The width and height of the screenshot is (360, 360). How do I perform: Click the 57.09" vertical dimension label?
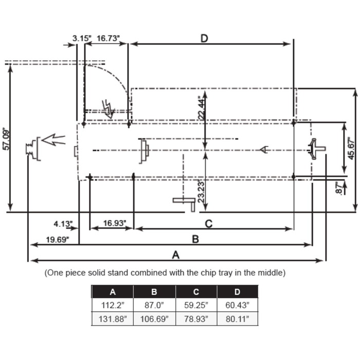pos(6,140)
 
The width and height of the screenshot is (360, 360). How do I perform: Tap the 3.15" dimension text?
pos(82,39)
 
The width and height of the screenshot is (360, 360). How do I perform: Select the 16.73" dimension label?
pos(108,39)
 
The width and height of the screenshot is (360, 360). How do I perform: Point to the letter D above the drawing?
pos(204,39)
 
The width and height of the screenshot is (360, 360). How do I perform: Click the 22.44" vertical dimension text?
pos(202,107)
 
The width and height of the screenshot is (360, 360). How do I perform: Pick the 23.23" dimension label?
pos(201,192)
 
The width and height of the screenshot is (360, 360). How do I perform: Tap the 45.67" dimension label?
pos(351,149)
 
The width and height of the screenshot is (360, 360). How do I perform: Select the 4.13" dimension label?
pos(63,224)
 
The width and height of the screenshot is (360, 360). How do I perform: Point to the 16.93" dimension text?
pos(115,223)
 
